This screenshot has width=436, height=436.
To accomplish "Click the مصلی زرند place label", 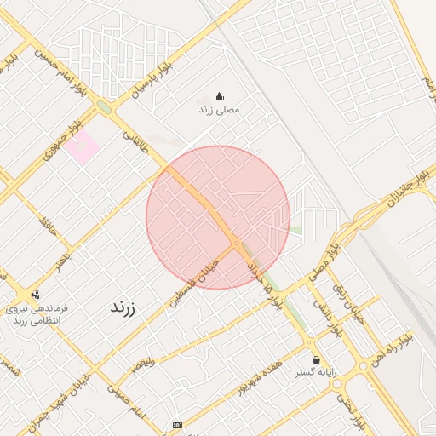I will tap(219, 110).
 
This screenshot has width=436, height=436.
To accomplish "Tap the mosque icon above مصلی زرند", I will tap(219, 96).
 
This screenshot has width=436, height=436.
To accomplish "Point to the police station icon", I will tap(35, 295).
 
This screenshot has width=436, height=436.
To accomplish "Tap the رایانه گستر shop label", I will tap(317, 373).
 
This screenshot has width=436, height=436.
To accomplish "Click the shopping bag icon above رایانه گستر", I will tap(317, 359).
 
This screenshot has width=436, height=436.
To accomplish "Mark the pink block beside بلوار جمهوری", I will tap(82, 149).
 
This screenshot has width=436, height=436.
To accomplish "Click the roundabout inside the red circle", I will tap(236, 244).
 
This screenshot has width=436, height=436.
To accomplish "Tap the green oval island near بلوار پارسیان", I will tap(105, 108).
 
